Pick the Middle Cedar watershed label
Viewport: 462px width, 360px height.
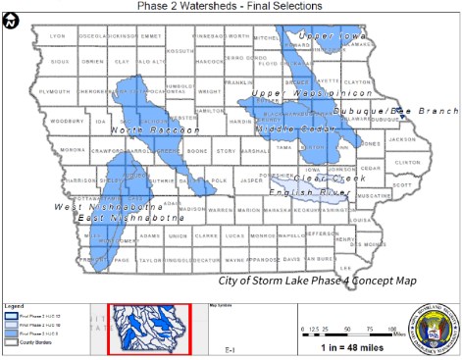[x=290, y=129]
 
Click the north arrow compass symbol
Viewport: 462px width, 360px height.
[x=10, y=23]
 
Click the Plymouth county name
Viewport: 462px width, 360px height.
[x=53, y=90]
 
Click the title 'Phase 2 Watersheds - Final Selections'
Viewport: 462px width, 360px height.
[x=231, y=6]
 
